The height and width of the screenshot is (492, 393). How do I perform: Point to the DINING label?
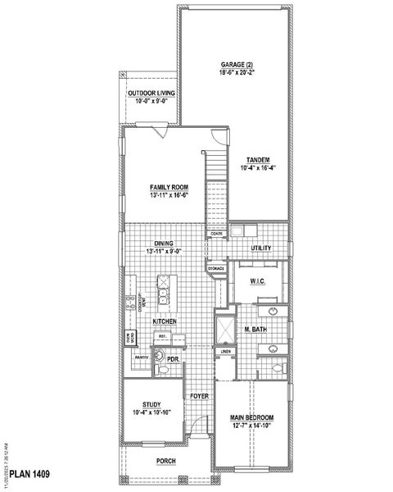(x=163, y=243)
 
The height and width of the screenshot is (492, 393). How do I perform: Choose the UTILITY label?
(x=261, y=248)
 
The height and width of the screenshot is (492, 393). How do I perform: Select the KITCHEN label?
(x=165, y=321)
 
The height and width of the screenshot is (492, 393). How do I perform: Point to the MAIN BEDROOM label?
(x=251, y=417)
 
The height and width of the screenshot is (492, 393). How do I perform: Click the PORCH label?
(x=169, y=461)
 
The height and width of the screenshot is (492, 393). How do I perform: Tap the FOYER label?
(x=200, y=396)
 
